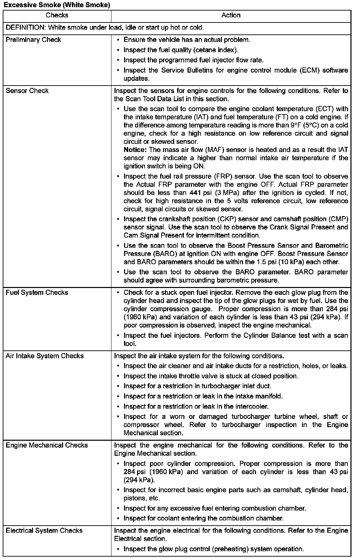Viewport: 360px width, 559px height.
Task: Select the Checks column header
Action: point(57,15)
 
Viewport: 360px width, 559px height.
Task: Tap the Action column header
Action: point(231,15)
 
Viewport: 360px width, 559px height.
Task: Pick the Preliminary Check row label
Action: point(33,40)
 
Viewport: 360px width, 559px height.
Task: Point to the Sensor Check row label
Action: point(27,91)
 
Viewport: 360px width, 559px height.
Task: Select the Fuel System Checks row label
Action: point(37,293)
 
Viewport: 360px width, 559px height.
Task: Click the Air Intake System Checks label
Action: point(45,356)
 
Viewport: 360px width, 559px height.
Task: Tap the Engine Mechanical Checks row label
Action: point(47,445)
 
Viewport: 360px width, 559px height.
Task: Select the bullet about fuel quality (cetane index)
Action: point(181,50)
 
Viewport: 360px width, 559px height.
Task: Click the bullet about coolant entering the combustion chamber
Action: point(204,518)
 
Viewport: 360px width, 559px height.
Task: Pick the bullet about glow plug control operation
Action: point(214,549)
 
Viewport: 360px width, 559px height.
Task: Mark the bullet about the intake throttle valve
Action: point(211,376)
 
